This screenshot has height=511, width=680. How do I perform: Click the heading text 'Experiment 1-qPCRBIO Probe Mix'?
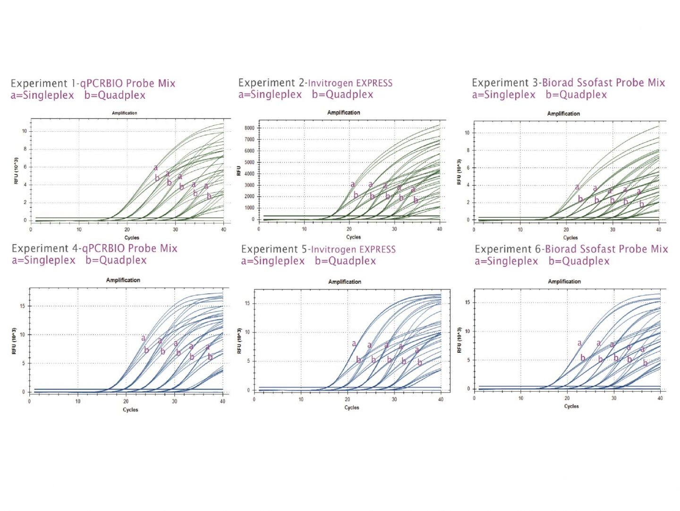coord(93,84)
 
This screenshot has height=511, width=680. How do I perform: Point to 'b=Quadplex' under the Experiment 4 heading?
coord(116,260)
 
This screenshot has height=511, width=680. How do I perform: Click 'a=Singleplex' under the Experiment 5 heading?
coord(272,261)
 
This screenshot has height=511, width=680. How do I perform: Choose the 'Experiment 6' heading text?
coord(508,249)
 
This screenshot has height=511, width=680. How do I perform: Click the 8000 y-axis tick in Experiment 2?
coord(249,128)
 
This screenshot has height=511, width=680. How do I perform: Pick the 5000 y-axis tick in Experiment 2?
coord(249,162)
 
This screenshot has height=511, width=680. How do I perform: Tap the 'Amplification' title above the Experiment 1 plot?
coord(124,113)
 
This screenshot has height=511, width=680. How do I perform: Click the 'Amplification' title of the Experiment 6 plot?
coord(564,281)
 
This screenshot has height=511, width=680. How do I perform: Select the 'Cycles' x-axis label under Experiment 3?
coord(570,238)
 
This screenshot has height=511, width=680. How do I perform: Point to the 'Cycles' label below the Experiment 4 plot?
coord(130,409)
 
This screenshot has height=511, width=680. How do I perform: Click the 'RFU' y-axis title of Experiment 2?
coord(239,171)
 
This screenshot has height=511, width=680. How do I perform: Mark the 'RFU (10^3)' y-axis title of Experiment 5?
coord(239,341)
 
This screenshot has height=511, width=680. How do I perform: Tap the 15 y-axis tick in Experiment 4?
coord(22,306)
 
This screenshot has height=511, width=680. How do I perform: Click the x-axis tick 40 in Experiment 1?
coord(223,230)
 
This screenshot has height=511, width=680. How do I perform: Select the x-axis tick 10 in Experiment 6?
coord(521,398)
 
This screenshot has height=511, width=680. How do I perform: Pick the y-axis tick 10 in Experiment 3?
coord(467,133)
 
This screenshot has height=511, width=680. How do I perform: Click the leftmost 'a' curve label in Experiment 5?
coord(354,344)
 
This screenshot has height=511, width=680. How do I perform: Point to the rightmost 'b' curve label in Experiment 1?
coord(209,196)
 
